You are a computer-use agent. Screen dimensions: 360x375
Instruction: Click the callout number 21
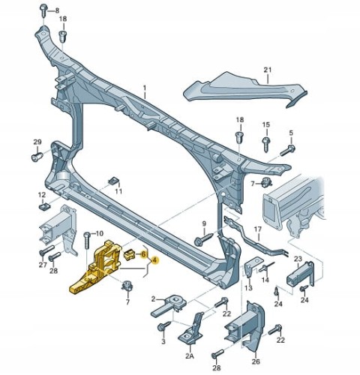268,70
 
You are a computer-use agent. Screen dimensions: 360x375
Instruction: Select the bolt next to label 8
43,10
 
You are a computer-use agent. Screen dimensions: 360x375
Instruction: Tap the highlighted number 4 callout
154,260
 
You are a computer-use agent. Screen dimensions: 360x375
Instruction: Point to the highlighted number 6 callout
143,254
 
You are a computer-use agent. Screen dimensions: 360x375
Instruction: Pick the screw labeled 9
203,239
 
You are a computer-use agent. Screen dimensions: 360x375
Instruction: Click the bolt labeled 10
86,240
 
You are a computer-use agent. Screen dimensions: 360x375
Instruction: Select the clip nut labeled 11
114,181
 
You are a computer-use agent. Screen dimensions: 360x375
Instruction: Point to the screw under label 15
265,144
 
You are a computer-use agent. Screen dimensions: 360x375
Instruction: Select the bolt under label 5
287,151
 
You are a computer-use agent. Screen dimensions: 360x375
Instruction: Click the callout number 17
258,229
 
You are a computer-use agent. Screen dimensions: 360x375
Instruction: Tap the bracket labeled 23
300,274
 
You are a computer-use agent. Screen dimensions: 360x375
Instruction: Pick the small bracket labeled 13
252,268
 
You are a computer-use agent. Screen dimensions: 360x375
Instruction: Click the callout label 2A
190,355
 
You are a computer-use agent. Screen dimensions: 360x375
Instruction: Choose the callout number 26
256,361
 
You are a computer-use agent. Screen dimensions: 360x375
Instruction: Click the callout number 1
144,88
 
